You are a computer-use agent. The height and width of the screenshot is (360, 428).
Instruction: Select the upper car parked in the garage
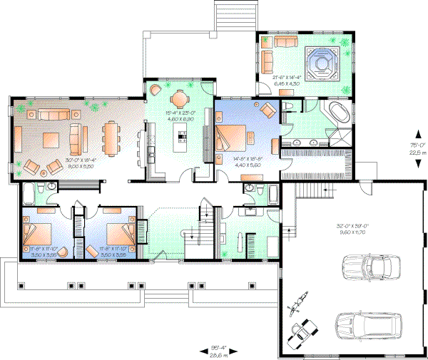tap(369, 269)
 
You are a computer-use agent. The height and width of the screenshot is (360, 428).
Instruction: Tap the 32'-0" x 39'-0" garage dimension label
tap(350, 229)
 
